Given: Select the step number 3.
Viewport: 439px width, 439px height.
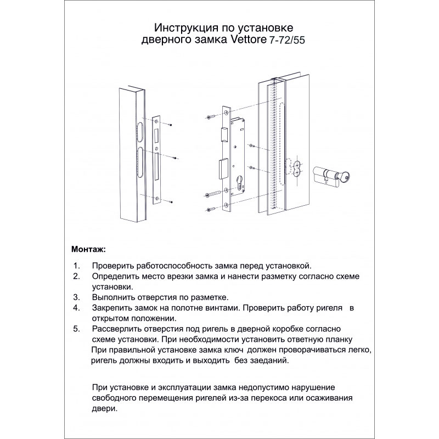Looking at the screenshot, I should point(76,297).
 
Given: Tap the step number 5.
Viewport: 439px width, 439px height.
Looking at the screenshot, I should point(76,329).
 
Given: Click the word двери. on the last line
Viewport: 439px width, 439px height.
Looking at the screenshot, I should point(104,409).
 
